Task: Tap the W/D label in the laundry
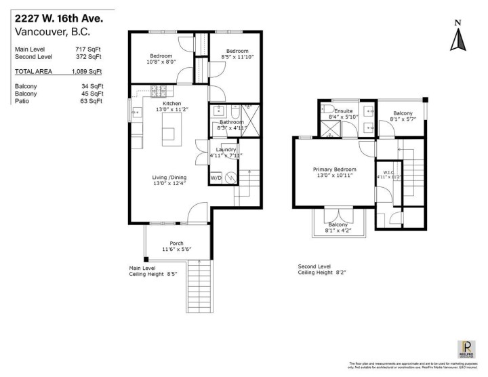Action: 216,178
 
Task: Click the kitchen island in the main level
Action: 171,130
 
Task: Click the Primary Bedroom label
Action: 334,170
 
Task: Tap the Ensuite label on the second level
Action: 344,111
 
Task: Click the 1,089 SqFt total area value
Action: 88,71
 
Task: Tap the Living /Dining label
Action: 169,178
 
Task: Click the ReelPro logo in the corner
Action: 467,350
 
